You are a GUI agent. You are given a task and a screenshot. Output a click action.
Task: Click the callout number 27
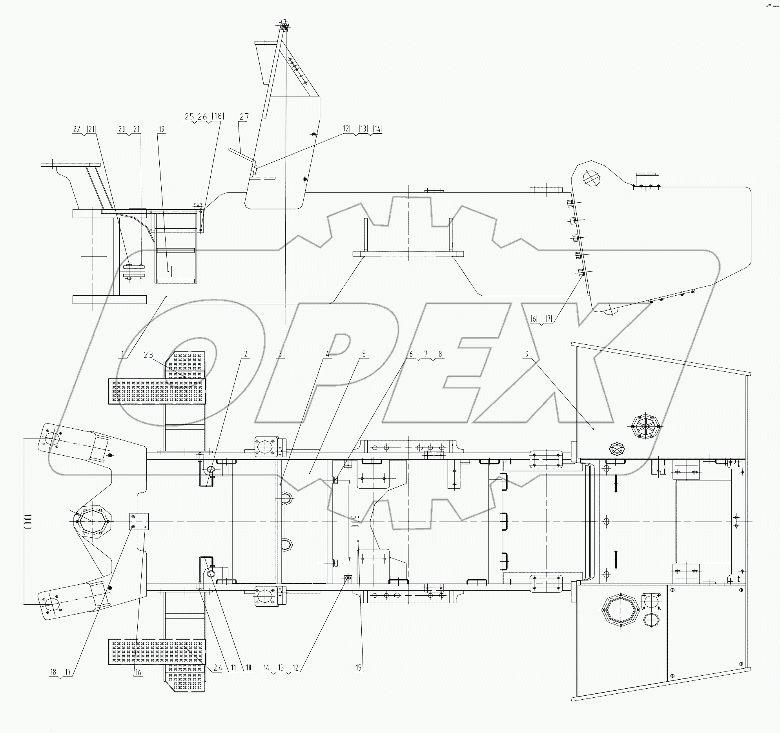(244, 116)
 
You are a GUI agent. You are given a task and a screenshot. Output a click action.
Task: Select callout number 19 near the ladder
(162, 129)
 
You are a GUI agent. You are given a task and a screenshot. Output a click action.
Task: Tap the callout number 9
(527, 354)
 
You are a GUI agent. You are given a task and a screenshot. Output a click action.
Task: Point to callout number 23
(148, 355)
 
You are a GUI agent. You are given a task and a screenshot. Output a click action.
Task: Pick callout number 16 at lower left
(138, 673)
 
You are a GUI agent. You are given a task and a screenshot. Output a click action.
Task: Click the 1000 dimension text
(27, 521)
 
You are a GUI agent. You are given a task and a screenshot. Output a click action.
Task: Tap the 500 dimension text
(354, 522)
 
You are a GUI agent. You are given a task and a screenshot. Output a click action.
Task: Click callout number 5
(364, 354)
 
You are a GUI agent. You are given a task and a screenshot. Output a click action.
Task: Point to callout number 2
(246, 354)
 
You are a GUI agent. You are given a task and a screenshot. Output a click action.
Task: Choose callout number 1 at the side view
(123, 354)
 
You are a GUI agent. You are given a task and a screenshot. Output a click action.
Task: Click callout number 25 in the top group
(190, 116)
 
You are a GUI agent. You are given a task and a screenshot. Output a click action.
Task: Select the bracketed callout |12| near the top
(346, 129)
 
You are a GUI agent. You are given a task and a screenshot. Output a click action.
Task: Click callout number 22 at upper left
(77, 129)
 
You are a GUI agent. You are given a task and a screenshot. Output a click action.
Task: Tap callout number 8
(440, 354)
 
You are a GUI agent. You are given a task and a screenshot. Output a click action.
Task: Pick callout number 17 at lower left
(68, 673)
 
